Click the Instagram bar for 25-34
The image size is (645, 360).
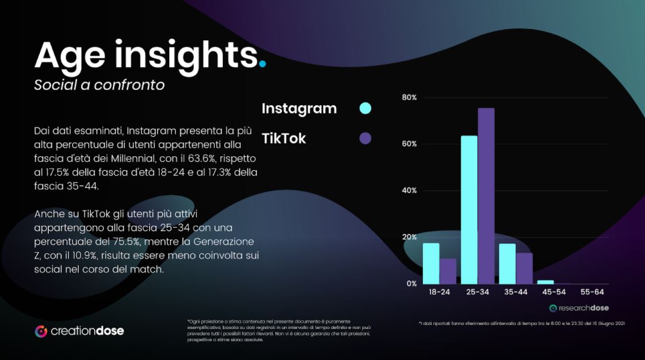[x=469, y=210]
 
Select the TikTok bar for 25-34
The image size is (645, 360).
[x=486, y=196]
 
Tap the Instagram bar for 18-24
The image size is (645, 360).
[x=431, y=263]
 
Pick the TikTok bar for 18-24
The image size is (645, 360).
[x=448, y=271]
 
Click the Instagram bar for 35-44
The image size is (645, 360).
[x=507, y=264]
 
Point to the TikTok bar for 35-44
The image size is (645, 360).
[x=524, y=268]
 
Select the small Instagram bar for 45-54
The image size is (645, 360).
[x=546, y=282]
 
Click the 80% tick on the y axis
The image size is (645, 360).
[x=409, y=98]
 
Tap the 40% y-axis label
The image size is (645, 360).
[x=409, y=191]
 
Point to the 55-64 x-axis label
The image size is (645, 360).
[x=592, y=292]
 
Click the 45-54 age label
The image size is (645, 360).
[x=554, y=292]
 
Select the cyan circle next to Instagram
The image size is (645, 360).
[x=365, y=108]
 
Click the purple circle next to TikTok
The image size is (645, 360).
[x=365, y=138]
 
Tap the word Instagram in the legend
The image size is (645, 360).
[x=299, y=109]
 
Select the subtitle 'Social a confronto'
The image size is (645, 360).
[x=99, y=85]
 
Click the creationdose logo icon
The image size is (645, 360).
[x=41, y=331]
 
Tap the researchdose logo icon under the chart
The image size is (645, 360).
[x=553, y=308]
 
